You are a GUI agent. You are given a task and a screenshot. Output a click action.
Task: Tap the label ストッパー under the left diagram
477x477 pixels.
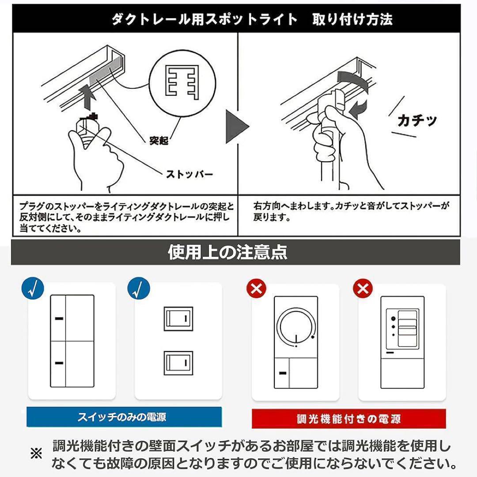pyautogui.click(x=189, y=174)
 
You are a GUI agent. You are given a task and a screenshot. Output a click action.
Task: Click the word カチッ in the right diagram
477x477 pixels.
pyautogui.click(x=417, y=120)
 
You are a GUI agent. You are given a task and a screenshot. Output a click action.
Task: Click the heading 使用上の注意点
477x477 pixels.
pyautogui.click(x=228, y=252)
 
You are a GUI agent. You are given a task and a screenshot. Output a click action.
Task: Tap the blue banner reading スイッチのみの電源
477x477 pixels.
pyautogui.click(x=124, y=416)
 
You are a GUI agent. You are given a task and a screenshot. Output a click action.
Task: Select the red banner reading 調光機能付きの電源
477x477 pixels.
pyautogui.click(x=349, y=418)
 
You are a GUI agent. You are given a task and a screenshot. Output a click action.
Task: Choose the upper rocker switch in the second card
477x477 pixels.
pyautogui.click(x=178, y=318)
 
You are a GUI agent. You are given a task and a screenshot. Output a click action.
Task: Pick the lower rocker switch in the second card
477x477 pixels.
pyautogui.click(x=178, y=363)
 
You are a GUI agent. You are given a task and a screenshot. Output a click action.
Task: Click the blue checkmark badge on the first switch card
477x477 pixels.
pyautogui.click(x=33, y=289)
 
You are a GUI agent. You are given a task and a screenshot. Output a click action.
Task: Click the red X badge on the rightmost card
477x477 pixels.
pyautogui.click(x=363, y=289)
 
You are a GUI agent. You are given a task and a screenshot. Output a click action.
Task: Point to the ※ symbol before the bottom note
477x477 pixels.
pyautogui.click(x=36, y=454)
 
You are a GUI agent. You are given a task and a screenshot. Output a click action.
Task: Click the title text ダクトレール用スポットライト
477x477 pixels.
pyautogui.click(x=204, y=19)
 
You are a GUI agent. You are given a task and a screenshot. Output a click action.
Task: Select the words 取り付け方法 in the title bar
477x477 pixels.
pyautogui.click(x=352, y=19)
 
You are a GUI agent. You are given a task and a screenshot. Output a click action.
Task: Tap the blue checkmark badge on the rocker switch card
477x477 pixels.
pyautogui.click(x=139, y=289)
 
